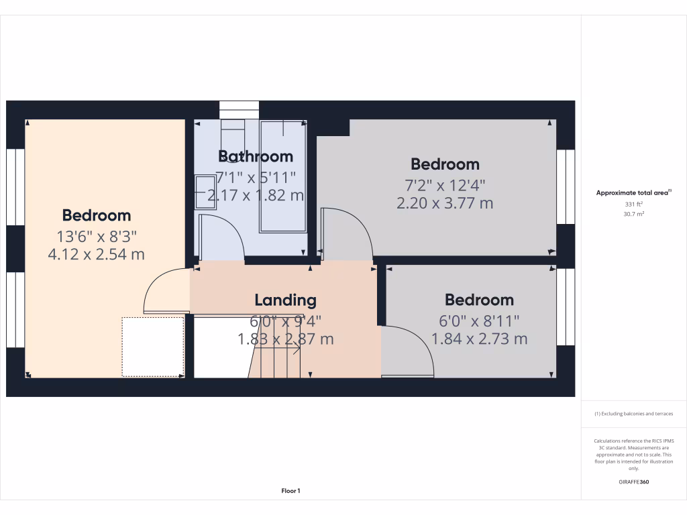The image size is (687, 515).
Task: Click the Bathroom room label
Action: [x=256, y=156]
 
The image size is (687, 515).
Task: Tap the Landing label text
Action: [x=285, y=300]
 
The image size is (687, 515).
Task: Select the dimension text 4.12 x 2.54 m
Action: [x=96, y=254]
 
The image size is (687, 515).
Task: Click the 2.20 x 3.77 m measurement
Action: [x=445, y=203]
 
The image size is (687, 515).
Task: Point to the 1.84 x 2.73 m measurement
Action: [x=479, y=339]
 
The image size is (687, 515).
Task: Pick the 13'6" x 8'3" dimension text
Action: [x=96, y=235]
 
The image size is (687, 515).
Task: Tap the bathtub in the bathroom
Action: [x=282, y=176]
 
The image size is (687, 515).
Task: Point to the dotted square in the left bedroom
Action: [x=153, y=347]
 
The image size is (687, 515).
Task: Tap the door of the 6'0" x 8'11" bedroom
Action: [x=407, y=352]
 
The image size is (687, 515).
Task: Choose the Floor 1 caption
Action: [x=290, y=491]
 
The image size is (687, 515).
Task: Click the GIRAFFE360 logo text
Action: [x=633, y=481]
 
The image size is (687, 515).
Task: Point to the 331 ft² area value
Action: [x=634, y=204]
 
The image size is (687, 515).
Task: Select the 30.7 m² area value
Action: [x=634, y=214]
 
